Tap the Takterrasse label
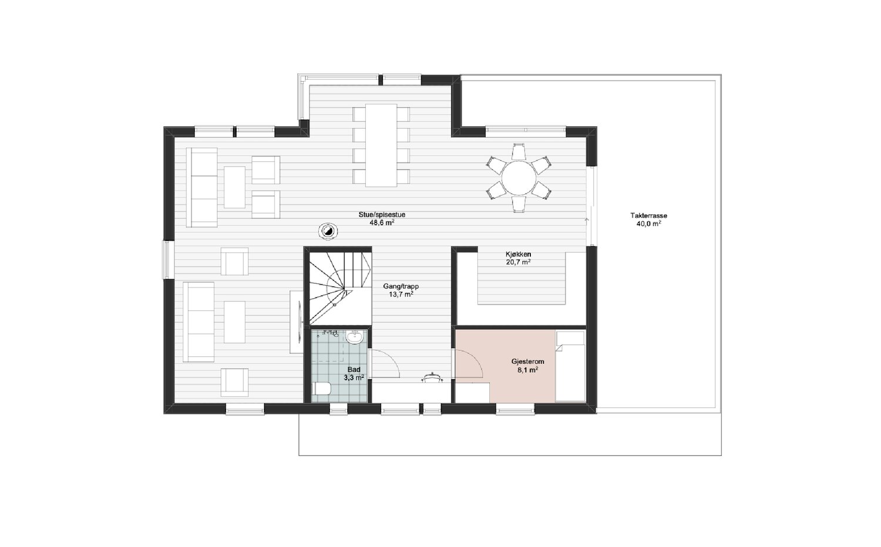pos(648,216)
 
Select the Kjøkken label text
pos(519,254)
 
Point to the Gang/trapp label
pos(401,286)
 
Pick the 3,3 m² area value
pos(354,377)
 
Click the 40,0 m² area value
pos(648,224)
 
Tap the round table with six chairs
pos(519,178)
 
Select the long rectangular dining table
pos(381,145)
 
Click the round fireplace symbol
pos(328,231)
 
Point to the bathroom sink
pos(355,337)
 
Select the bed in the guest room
pos(570,366)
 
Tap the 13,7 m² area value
pos(401,295)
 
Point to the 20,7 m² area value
pos(519,262)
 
